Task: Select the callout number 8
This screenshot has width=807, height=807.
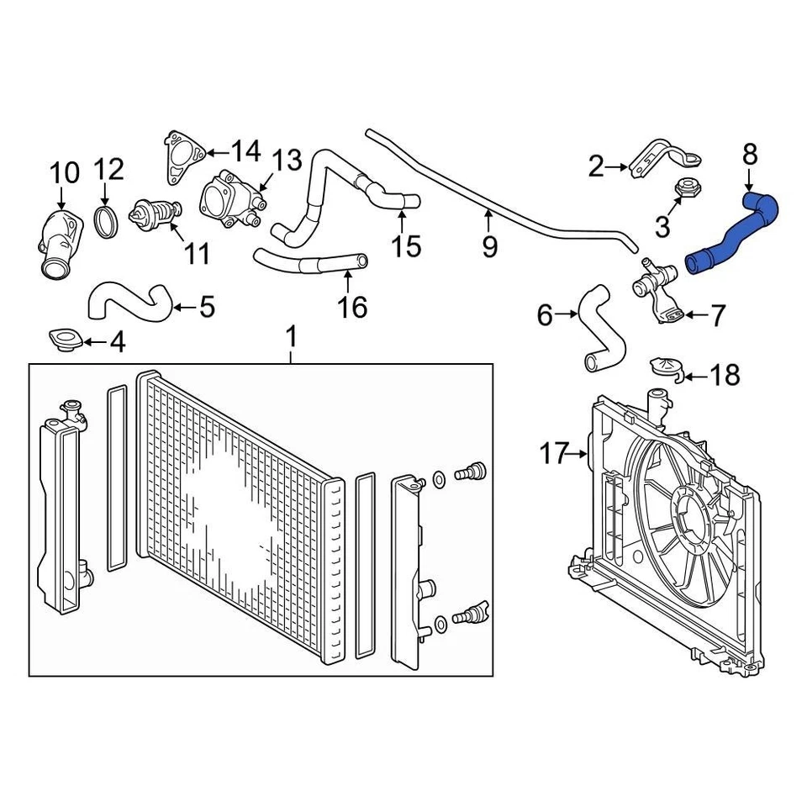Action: pyautogui.click(x=750, y=155)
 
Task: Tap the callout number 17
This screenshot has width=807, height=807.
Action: pyautogui.click(x=555, y=455)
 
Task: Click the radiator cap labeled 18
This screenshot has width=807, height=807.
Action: pyautogui.click(x=666, y=369)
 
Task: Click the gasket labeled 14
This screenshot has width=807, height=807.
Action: pyautogui.click(x=182, y=158)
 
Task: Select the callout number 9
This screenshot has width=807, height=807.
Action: pyautogui.click(x=489, y=246)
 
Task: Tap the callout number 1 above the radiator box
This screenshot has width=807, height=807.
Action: pyautogui.click(x=292, y=338)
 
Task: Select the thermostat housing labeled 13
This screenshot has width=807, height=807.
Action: pyautogui.click(x=229, y=199)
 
